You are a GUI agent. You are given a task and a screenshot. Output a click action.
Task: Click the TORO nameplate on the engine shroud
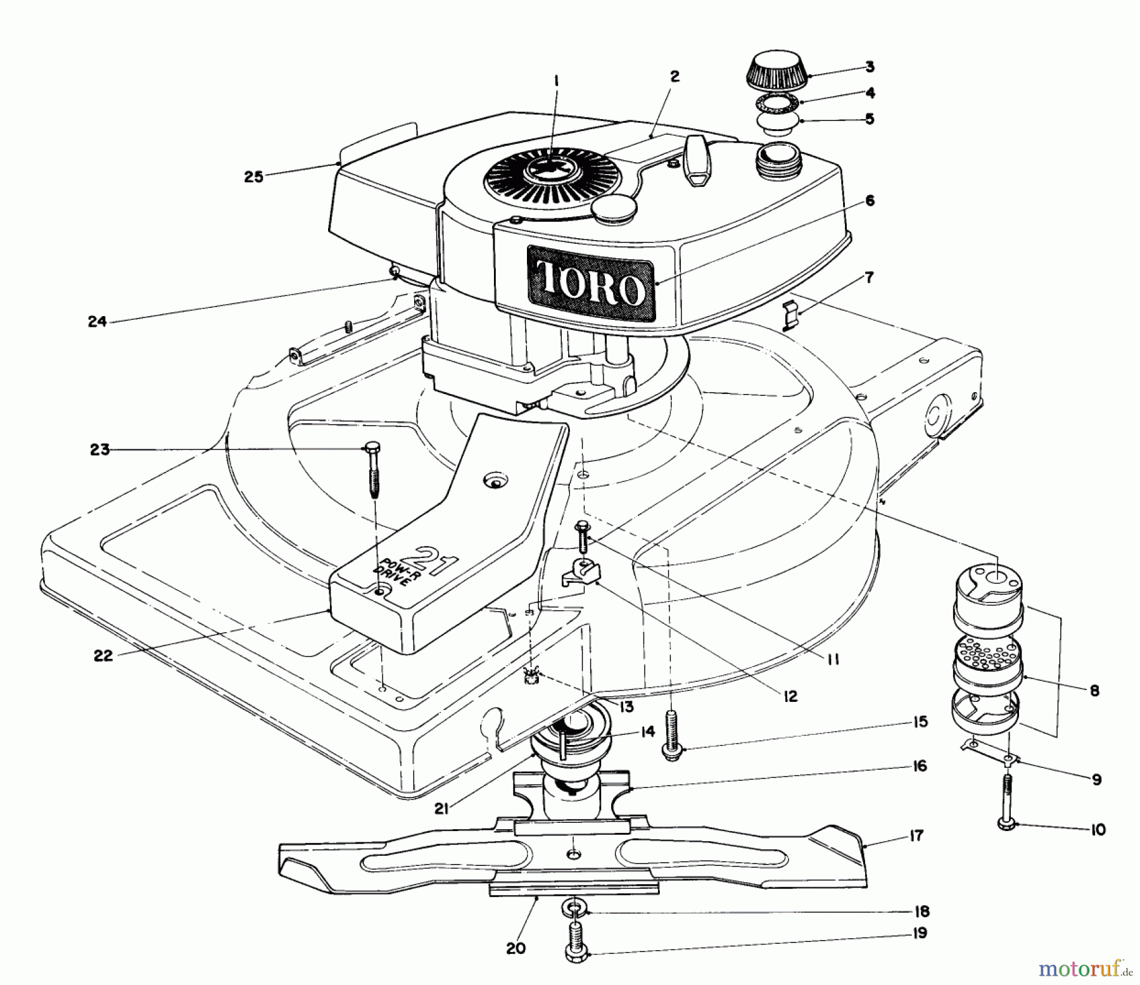click(593, 284)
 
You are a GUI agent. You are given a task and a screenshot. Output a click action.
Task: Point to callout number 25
click(253, 177)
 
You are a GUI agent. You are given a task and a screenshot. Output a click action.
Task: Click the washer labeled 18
click(573, 911)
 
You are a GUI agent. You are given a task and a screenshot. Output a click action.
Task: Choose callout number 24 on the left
click(97, 322)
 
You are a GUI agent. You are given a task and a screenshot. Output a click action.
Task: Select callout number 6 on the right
click(870, 201)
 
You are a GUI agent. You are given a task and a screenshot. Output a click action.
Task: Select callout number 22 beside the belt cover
click(103, 656)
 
